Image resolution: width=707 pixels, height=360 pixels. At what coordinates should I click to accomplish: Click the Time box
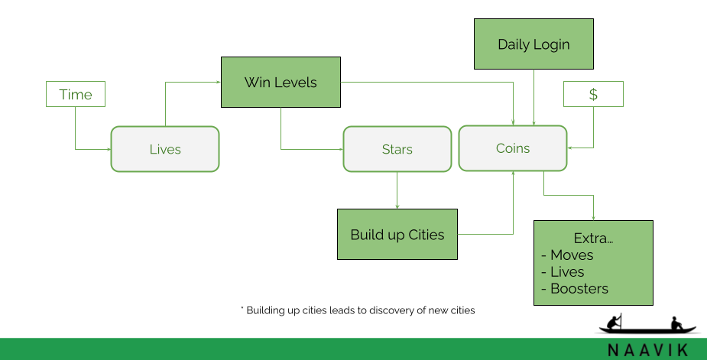tap(75, 95)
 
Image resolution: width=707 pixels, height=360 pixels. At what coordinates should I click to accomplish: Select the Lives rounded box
tap(165, 149)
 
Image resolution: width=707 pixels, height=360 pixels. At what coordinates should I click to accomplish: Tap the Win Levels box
tap(281, 83)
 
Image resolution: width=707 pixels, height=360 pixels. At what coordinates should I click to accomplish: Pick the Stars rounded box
tap(397, 149)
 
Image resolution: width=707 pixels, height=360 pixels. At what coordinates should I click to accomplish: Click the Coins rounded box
tap(512, 148)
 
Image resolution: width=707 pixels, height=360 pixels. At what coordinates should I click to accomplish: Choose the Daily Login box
tap(533, 44)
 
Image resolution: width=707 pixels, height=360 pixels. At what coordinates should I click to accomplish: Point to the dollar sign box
tap(593, 95)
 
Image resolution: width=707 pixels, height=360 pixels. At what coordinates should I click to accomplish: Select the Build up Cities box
tap(397, 235)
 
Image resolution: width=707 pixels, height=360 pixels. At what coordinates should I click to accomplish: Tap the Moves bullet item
tap(571, 255)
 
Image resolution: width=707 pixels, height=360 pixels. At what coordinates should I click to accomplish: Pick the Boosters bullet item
tap(579, 289)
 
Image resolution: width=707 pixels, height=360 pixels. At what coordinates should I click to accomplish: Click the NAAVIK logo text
tap(648, 350)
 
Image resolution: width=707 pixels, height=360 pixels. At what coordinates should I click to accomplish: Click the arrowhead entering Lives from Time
tap(108, 149)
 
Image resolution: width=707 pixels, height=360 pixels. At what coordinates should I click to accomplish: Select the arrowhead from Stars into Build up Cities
tap(397, 206)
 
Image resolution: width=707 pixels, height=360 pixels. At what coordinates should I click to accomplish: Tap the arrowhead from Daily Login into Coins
tap(533, 123)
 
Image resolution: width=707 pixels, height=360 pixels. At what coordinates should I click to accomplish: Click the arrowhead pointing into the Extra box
tap(593, 218)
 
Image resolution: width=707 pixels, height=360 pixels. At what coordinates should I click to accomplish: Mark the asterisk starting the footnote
tap(242, 310)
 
